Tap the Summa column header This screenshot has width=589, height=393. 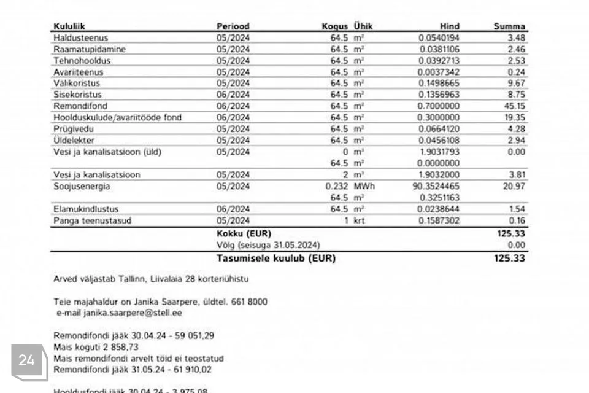click(x=509, y=26)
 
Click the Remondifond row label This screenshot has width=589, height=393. click(x=72, y=106)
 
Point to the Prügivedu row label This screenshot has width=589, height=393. click(x=70, y=129)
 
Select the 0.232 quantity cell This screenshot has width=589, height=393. click(x=337, y=186)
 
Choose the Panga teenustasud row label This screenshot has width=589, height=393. click(x=93, y=220)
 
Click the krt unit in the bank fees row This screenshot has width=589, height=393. click(x=359, y=220)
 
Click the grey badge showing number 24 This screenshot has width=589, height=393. click(x=27, y=361)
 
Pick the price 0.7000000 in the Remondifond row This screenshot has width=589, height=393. click(x=439, y=106)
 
